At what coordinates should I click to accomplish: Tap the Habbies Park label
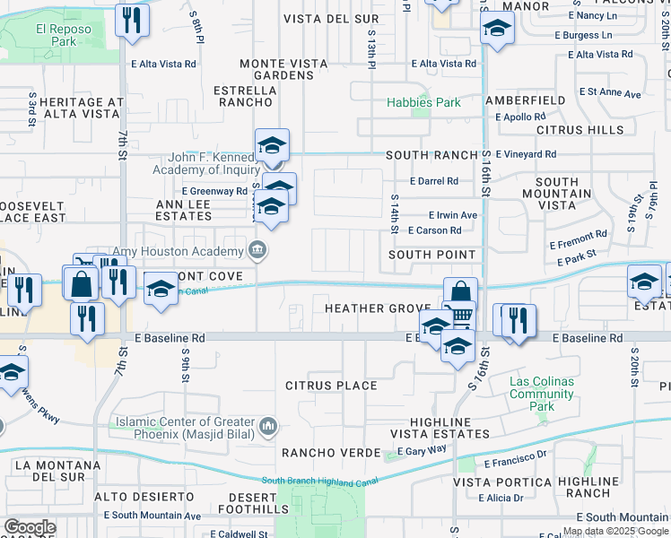tap(423, 102)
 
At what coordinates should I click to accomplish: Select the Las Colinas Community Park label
tap(542, 394)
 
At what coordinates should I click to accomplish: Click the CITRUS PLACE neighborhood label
tap(331, 386)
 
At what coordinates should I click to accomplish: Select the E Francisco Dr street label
tap(515, 464)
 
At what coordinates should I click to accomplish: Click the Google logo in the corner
tap(30, 527)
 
